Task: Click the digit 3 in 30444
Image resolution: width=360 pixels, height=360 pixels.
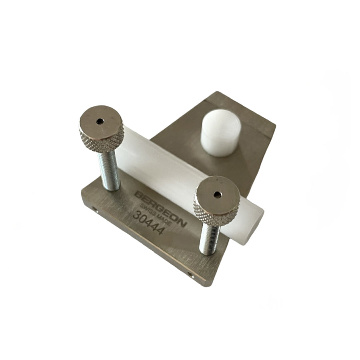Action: tap(136, 216)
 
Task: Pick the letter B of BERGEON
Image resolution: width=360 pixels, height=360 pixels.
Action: tap(138, 195)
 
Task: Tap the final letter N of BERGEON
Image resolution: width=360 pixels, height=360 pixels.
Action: tap(182, 223)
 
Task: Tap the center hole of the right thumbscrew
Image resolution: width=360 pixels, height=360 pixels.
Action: tap(217, 194)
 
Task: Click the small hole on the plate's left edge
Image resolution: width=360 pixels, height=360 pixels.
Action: tap(95, 209)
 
